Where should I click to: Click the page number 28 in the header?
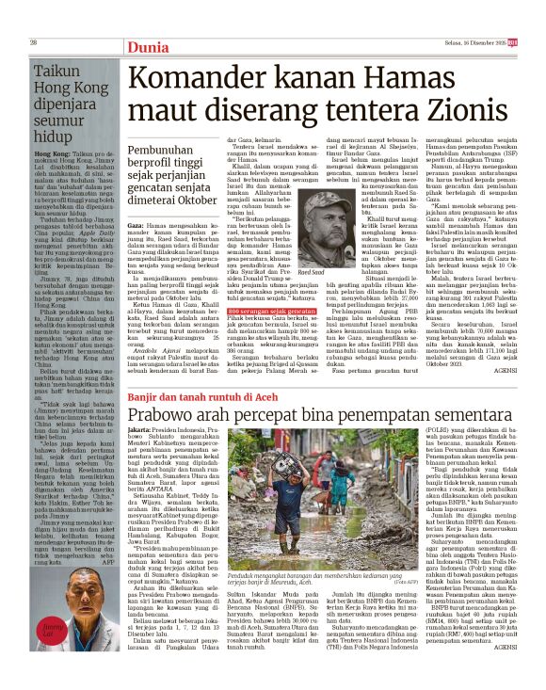point(34,42)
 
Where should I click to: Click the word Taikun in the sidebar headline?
point(58,71)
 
